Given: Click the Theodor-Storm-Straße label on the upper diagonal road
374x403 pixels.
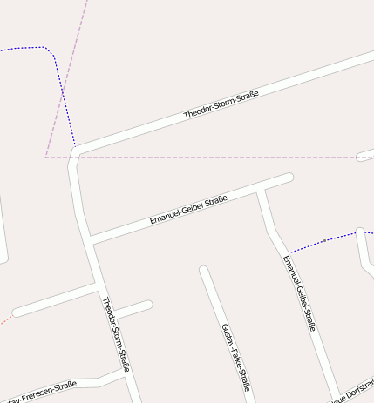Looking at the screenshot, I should (221, 103).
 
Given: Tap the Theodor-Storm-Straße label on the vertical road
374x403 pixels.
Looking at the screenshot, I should (115, 334).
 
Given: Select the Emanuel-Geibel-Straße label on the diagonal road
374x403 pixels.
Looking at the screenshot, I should (188, 210).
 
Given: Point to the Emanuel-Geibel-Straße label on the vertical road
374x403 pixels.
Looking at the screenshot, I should (299, 293).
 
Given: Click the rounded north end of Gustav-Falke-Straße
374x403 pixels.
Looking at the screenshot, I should (203, 271).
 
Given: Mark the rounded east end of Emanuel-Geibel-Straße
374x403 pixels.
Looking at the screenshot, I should (289, 178).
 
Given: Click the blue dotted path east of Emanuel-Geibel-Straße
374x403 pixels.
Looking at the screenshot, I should (323, 241).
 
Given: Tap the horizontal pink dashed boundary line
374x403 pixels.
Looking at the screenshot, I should (218, 158).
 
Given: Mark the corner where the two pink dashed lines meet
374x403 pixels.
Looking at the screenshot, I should (46, 158).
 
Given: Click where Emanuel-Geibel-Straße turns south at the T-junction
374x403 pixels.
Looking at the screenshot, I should (260, 190).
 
